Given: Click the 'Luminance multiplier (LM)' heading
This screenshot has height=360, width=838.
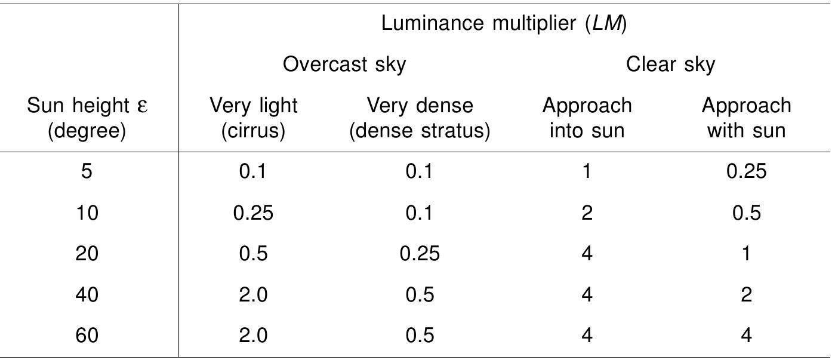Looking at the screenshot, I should tap(504, 24).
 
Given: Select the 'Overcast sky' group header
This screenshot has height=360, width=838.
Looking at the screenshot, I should tap(344, 64).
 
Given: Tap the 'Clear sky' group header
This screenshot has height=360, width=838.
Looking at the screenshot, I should tap(670, 64).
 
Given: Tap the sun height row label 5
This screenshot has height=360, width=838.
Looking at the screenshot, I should tap(87, 172).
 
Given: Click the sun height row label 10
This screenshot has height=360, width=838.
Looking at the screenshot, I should tap(87, 213).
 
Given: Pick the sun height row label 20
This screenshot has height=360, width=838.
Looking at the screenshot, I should tap(87, 254).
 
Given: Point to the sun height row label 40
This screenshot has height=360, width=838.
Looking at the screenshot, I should tap(87, 295).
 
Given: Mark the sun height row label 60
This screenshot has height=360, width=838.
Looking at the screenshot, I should tap(87, 336).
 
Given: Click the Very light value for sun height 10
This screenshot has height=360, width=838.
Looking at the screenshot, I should tap(253, 213).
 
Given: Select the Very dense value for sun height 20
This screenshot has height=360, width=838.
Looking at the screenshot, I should tap(420, 254).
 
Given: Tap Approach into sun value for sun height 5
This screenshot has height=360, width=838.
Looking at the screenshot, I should tap(587, 172).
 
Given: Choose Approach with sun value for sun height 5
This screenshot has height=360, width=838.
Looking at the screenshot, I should tap(746, 172).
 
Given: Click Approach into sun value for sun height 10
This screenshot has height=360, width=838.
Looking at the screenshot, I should tap(587, 213).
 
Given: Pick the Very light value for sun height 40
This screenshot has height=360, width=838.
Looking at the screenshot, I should tap(253, 295).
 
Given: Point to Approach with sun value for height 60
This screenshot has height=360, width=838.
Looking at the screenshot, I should tap(746, 336).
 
